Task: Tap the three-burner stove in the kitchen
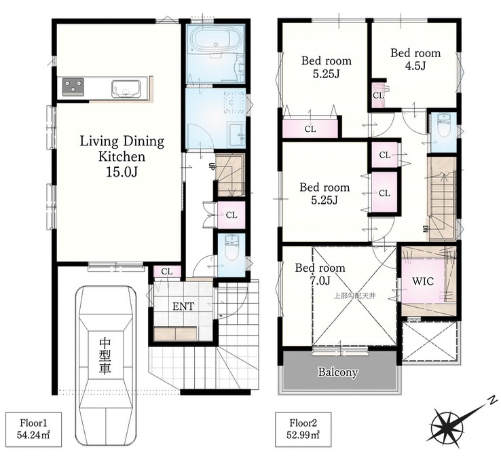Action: click(73, 86)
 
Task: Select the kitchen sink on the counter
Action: click(126, 89)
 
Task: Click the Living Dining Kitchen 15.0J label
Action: click(122, 156)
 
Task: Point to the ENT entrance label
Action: click(183, 306)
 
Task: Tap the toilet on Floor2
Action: click(444, 125)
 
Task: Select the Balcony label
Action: click(337, 372)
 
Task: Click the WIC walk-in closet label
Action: click(423, 281)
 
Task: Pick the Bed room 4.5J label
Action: click(415, 59)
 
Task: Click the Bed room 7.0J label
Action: click(320, 274)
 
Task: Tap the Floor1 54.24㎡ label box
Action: click(33, 429)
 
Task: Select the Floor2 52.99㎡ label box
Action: click(303, 429)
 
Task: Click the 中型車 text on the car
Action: click(105, 356)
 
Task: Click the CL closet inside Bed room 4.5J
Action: click(379, 95)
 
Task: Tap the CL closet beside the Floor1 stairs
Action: click(231, 215)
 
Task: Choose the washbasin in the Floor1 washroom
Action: click(237, 135)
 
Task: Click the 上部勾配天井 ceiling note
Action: click(354, 296)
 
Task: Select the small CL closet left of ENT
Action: click(167, 272)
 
